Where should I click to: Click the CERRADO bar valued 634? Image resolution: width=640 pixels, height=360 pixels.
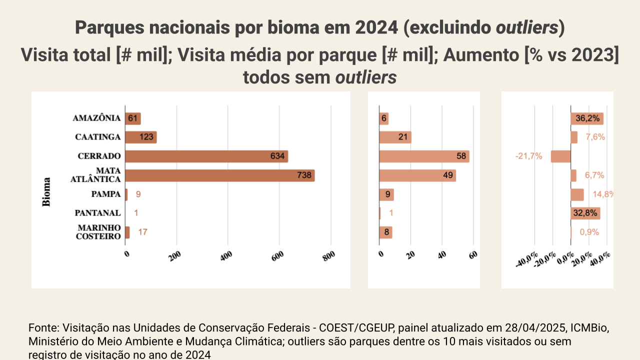pos(206,156)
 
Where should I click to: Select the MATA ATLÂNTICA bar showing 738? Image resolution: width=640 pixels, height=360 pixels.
pos(219,175)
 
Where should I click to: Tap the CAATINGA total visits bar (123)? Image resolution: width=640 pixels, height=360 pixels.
pos(140,137)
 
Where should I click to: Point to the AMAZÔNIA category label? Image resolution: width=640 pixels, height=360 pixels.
pos(96,118)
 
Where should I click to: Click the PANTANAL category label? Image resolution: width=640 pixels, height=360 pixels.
pos(97,213)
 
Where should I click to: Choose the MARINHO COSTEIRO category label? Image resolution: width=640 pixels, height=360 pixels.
pos(99,232)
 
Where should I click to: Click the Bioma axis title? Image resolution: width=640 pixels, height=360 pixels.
pos(46,192)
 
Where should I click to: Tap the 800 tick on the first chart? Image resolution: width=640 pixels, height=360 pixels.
pos(329,256)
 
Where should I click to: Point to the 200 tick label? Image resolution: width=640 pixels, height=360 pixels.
pos(175,256)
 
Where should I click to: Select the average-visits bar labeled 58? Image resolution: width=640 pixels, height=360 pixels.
pos(424,156)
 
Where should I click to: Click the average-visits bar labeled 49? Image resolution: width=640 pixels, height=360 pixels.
pos(417,175)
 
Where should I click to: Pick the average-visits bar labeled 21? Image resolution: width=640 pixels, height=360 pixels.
pos(395,137)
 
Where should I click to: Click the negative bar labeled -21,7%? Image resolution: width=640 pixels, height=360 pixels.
pos(560,156)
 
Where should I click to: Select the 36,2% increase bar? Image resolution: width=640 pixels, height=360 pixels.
pos(586,118)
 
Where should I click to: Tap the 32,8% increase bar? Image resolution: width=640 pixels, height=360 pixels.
pos(585,213)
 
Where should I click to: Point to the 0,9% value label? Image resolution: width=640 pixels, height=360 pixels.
pos(589,232)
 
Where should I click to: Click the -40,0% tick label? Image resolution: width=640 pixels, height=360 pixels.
pos(525,260)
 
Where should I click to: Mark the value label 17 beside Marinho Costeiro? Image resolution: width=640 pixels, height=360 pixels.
pos(142,232)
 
